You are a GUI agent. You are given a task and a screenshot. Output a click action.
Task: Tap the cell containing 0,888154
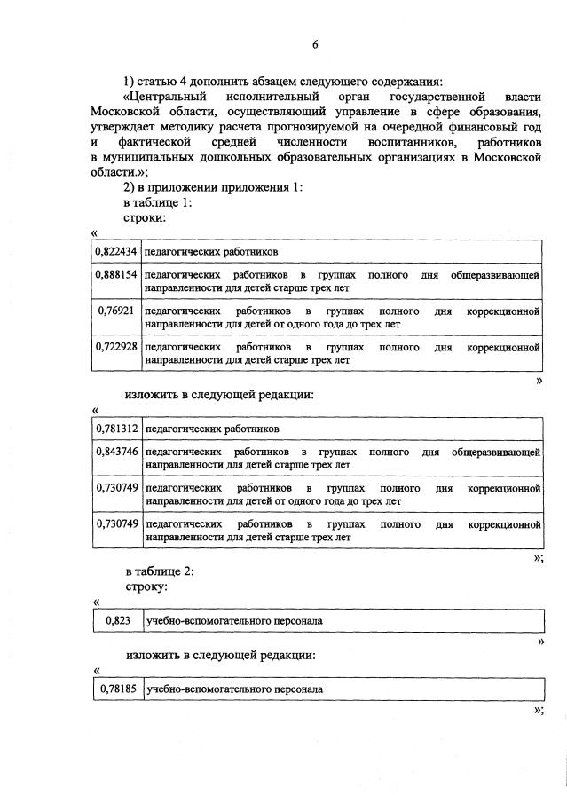116,276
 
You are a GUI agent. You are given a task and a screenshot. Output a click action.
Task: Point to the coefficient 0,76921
116,312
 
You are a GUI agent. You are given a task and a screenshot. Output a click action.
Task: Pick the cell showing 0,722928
116,347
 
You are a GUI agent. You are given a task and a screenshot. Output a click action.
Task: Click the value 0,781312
116,429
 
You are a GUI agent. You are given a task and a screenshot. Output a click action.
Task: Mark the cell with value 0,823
117,621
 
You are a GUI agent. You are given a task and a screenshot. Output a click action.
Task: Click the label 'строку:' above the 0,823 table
146,587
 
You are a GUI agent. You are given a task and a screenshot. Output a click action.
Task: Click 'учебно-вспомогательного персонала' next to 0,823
234,621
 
